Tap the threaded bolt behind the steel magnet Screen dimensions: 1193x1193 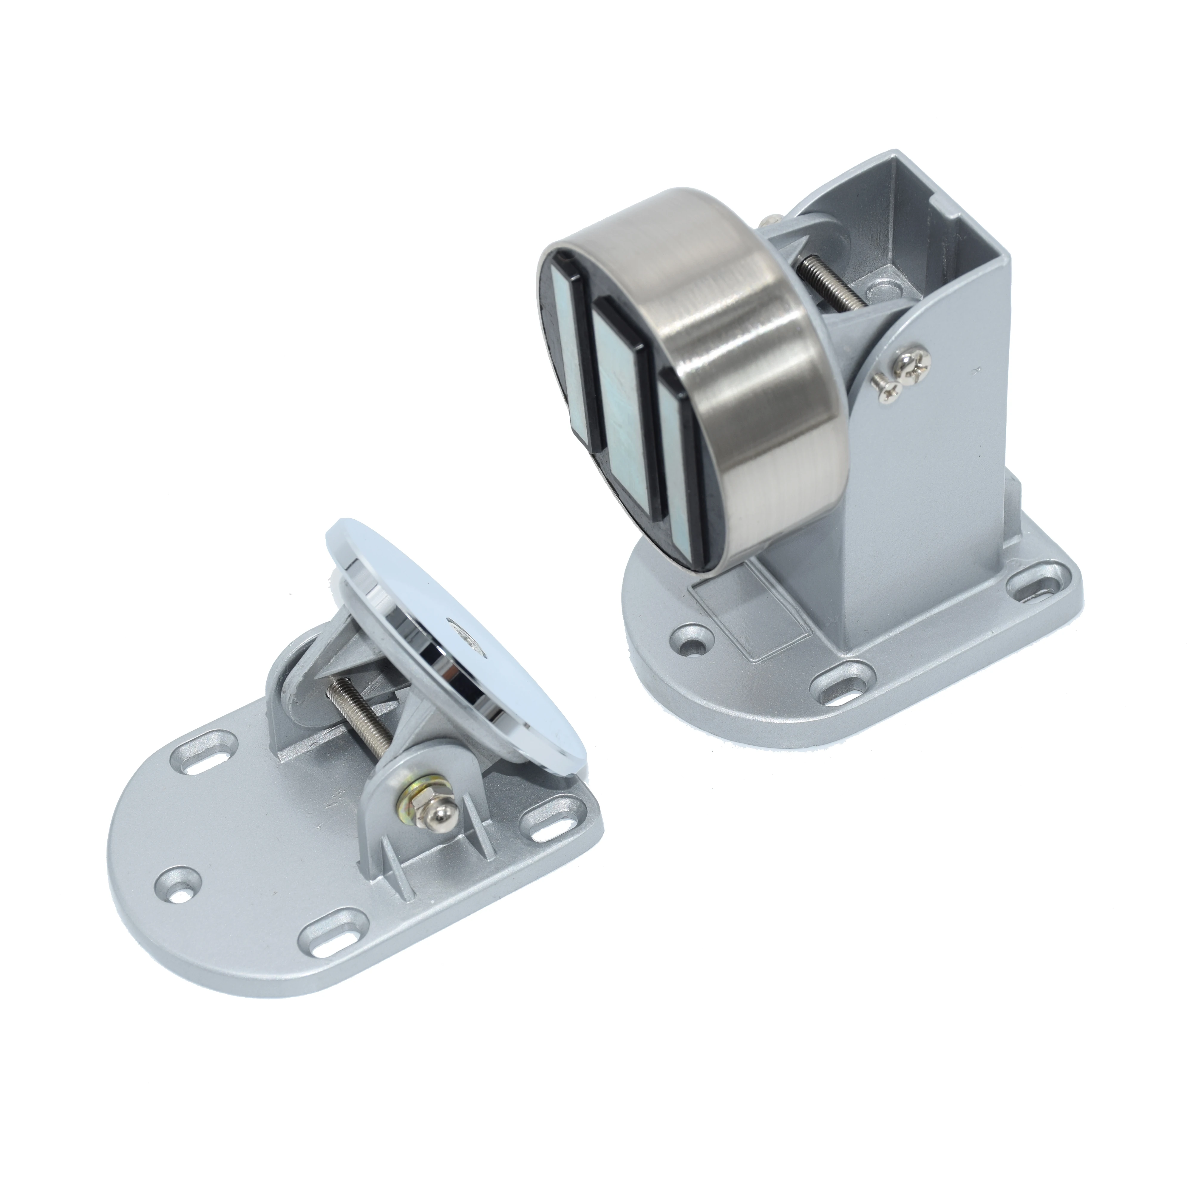click(x=831, y=283)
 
